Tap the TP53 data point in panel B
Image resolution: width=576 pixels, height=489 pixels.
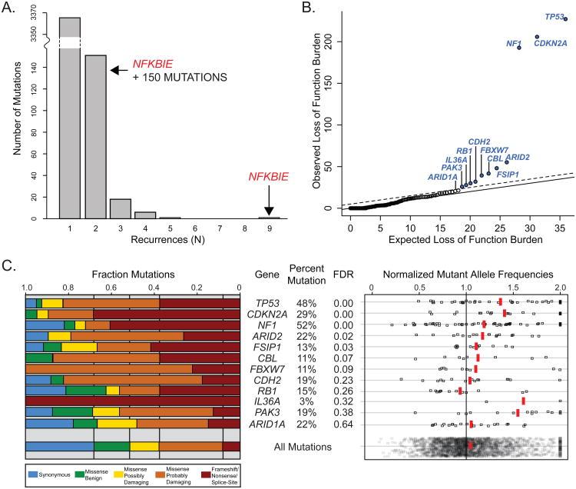pyautogui.click(x=565, y=19)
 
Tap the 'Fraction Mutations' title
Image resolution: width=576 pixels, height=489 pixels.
pyautogui.click(x=134, y=274)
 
